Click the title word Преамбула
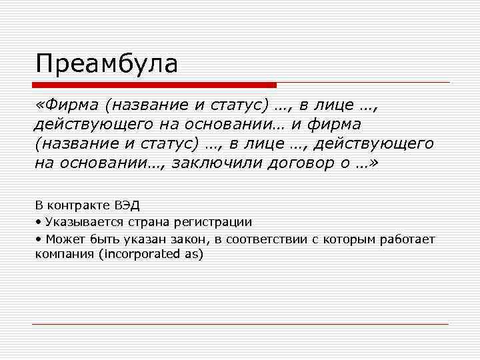click(x=107, y=64)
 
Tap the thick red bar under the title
click(x=154, y=85)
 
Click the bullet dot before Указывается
click(x=39, y=223)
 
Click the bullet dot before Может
click(x=39, y=239)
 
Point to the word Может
click(x=61, y=238)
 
